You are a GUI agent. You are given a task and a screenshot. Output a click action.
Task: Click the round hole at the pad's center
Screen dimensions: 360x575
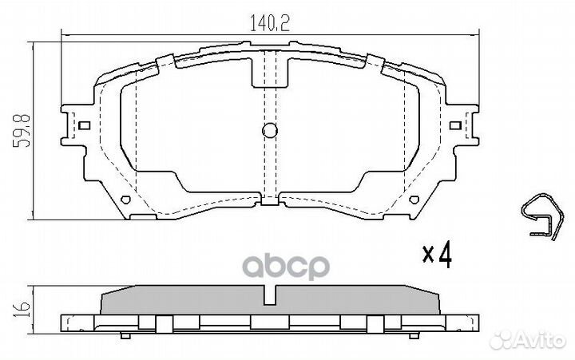[270, 132]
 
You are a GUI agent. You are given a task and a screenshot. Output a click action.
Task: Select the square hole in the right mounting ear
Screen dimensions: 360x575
[456, 125]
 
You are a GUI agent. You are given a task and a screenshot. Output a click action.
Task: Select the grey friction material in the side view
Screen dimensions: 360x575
[200, 302]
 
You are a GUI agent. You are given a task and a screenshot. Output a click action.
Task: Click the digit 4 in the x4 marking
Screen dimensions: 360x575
[444, 255]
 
